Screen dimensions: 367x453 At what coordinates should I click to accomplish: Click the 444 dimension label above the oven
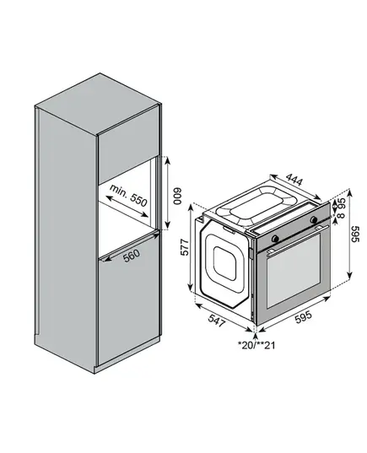295,180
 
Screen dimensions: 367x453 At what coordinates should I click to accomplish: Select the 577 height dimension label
185,247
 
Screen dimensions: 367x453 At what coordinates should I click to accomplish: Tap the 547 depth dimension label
217,321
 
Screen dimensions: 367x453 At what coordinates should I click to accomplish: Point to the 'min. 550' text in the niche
128,196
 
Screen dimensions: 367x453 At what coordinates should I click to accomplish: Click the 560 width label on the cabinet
132,256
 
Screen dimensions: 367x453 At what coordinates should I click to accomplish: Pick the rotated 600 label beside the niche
177,197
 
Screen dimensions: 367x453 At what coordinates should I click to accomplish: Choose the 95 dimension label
342,202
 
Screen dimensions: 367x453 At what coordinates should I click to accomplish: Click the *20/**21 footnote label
256,345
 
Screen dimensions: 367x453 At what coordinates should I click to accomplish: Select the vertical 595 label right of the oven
355,234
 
